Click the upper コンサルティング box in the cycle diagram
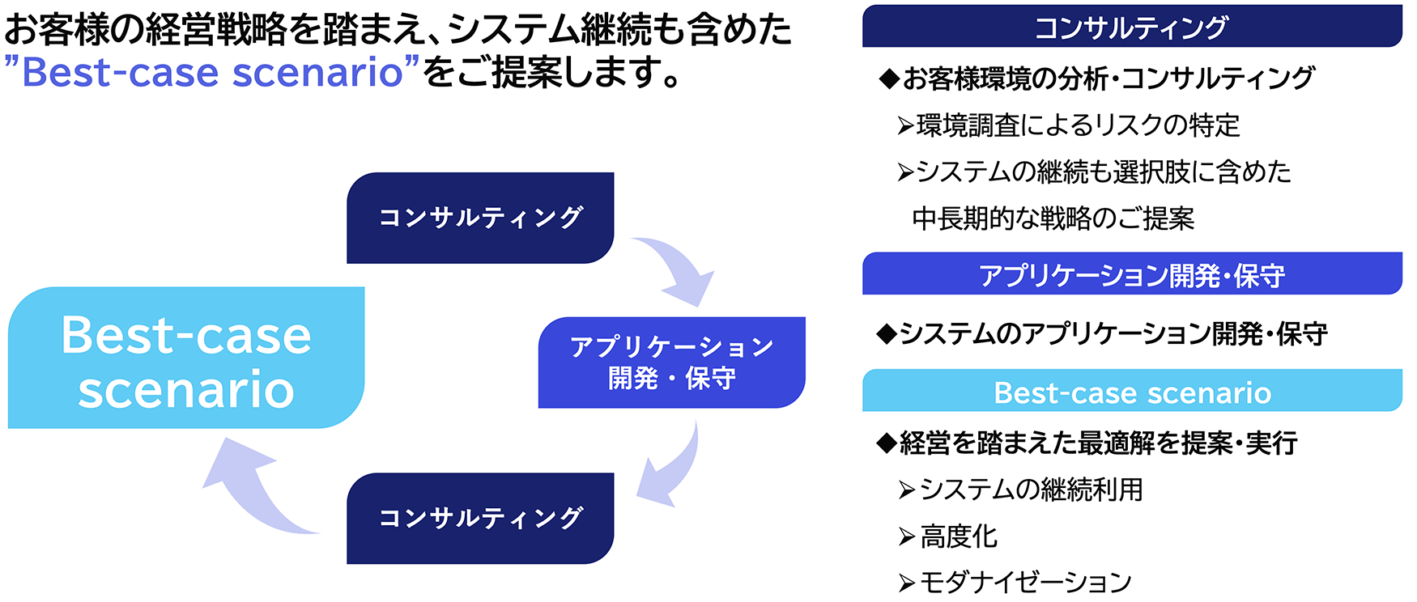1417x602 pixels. pos(480,218)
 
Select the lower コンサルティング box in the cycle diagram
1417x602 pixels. pos(480,518)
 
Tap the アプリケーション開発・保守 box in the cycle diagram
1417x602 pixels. pos(671,362)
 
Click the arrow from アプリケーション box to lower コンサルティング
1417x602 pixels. pos(669,468)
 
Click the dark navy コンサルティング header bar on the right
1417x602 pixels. pos(1131,28)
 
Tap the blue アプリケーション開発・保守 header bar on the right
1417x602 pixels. pos(1131,274)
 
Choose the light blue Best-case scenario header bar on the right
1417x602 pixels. pos(1131,392)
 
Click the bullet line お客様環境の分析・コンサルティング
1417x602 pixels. pos(1107,78)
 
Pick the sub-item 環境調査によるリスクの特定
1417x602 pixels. pos(1077,125)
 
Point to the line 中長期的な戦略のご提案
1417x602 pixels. pos(1053,218)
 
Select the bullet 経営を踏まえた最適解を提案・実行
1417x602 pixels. pos(1097,443)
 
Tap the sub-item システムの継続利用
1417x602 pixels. pos(1030,490)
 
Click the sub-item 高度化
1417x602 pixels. pos(958,536)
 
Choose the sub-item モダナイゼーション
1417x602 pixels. pos(1024,582)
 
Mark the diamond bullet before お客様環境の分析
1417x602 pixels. pos(889,78)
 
